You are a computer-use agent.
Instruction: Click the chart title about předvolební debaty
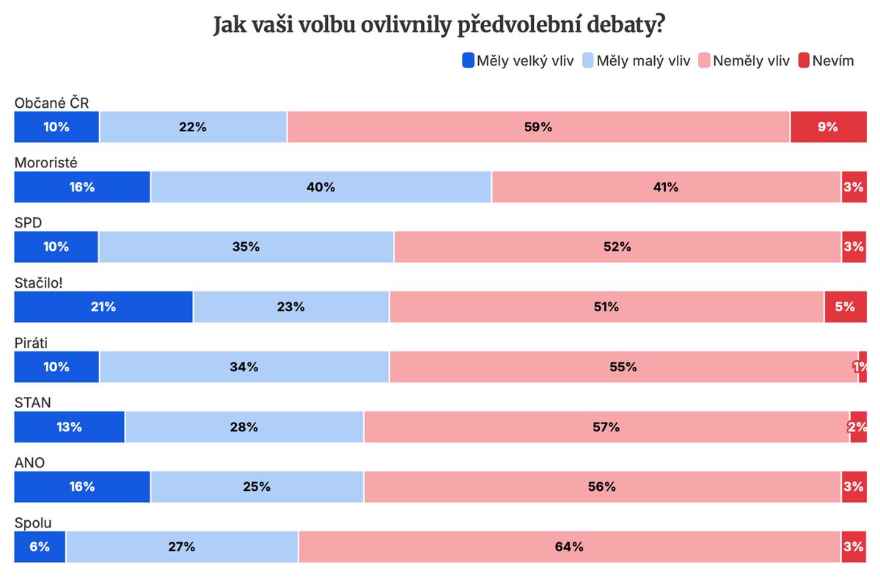[439, 25]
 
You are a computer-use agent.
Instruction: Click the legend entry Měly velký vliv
[518, 61]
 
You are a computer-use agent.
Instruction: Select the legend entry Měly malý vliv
[637, 61]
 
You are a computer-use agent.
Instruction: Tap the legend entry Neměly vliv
[744, 61]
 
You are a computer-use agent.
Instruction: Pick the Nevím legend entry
[826, 61]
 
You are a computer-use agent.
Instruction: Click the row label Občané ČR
[51, 103]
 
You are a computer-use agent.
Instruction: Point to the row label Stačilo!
[39, 282]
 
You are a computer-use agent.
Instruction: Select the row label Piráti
[31, 342]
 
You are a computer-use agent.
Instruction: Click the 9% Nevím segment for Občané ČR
[828, 127]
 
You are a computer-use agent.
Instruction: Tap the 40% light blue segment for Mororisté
[320, 187]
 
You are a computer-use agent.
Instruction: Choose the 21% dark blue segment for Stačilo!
[103, 307]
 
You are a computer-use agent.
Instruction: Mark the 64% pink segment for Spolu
[569, 547]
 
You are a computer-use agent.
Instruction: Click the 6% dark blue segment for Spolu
[40, 547]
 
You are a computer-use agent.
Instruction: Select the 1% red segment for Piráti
[862, 367]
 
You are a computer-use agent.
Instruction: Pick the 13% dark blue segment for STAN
[69, 427]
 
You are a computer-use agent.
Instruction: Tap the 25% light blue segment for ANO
[257, 486]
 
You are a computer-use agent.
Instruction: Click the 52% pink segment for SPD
[617, 247]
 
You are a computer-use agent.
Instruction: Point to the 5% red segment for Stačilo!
[845, 307]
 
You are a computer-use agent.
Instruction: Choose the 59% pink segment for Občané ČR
[538, 127]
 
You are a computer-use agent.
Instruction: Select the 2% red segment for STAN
[858, 427]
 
